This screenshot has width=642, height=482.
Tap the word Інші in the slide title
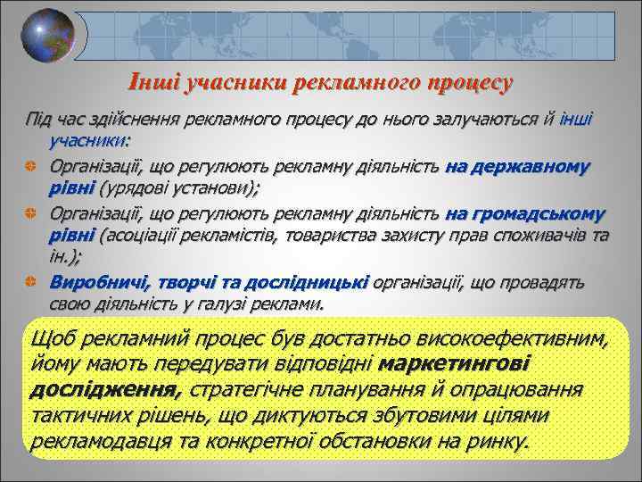coord(153,83)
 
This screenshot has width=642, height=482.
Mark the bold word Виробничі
coord(100,282)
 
